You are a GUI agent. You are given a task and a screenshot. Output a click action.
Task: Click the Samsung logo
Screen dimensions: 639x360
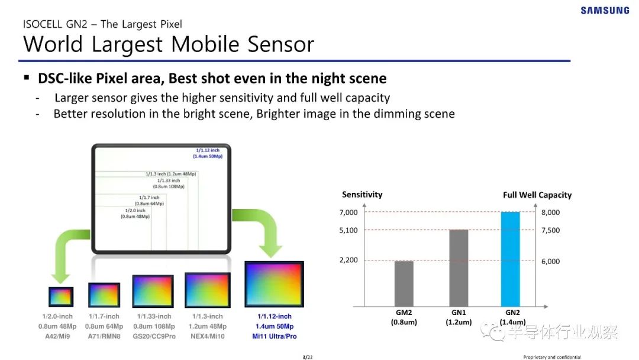click(605, 10)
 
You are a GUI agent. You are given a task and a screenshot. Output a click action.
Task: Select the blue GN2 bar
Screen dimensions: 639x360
click(510, 259)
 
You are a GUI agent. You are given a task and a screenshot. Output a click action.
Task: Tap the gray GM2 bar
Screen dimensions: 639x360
click(404, 284)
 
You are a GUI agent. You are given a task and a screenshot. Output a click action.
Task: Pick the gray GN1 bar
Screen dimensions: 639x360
click(459, 268)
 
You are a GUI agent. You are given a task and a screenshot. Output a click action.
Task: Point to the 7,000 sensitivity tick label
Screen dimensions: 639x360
click(348, 213)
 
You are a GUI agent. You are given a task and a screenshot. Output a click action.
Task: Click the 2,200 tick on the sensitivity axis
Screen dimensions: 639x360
click(348, 260)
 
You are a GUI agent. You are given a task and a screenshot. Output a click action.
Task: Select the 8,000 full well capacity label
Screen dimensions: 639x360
click(551, 213)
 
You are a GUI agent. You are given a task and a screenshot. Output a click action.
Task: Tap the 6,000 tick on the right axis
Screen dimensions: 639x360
click(551, 261)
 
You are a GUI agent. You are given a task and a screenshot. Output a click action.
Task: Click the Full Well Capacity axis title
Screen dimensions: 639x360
click(537, 195)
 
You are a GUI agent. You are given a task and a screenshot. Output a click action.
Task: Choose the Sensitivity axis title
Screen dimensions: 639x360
click(362, 194)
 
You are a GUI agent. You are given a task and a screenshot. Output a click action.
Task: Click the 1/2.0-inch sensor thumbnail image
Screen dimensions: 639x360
click(61, 297)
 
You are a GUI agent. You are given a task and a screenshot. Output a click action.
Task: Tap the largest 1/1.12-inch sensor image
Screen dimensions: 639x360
click(275, 284)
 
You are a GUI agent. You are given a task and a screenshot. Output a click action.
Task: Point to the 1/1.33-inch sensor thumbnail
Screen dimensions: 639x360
click(153, 291)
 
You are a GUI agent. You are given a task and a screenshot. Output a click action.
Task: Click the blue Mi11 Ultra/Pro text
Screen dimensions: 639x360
click(275, 336)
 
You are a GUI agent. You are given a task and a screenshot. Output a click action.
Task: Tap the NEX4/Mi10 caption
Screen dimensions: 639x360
click(208, 336)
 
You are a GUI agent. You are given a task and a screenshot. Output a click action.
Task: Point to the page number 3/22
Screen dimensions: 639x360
click(308, 357)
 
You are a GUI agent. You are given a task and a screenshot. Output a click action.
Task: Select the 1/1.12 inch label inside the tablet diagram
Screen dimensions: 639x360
click(208, 150)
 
